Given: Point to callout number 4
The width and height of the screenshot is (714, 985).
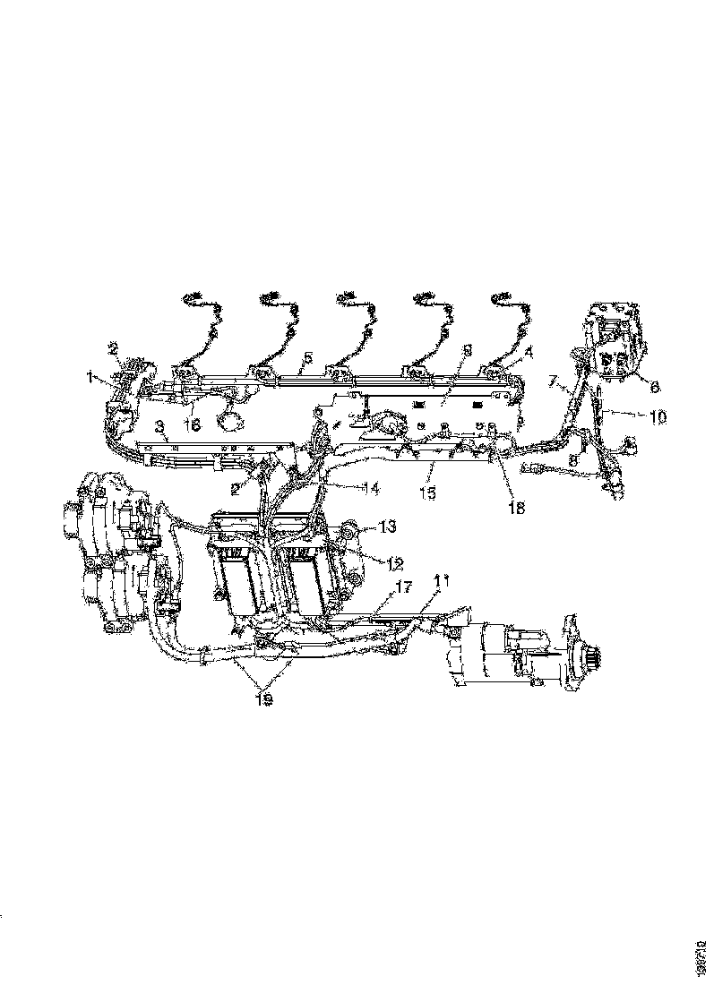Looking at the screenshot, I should (x=528, y=353).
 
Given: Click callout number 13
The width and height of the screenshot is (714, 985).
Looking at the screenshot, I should (x=388, y=527).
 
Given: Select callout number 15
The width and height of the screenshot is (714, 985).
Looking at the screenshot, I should (x=431, y=492).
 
